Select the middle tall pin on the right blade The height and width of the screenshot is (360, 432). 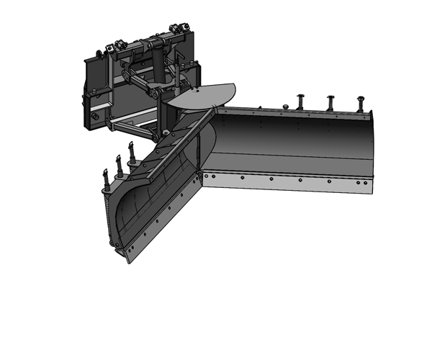pos(330,102)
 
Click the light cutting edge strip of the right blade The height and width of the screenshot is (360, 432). pos(288,180)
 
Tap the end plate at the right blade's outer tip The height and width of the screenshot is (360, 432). pos(372,148)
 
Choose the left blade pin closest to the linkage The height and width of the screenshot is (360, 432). pos(133,152)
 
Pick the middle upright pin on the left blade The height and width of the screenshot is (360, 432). pos(119,163)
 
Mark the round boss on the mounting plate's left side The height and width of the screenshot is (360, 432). pos(94,116)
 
